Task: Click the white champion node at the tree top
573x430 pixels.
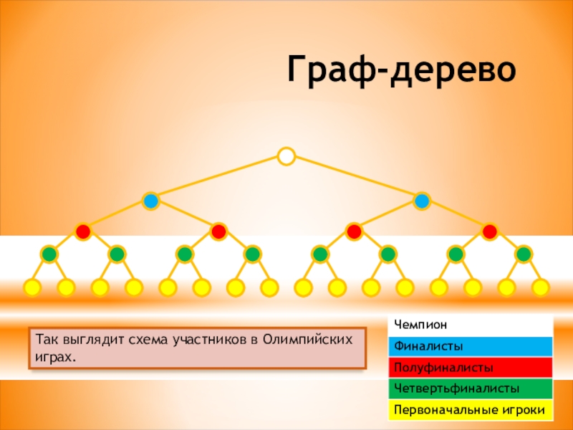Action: pos(286,156)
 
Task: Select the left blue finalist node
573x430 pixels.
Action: pos(150,201)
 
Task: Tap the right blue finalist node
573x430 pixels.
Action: pos(422,201)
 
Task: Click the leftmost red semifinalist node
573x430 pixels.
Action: pos(83,231)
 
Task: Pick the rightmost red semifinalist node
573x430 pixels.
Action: pos(490,231)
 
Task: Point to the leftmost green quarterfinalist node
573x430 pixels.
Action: pos(49,254)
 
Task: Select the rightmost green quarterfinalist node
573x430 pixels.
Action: pos(524,254)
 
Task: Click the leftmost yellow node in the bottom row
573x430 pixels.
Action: pos(32,288)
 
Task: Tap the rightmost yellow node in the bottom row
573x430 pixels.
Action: pos(541,288)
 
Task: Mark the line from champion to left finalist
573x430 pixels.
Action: pos(218,178)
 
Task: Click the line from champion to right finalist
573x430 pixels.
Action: pos(355,178)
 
